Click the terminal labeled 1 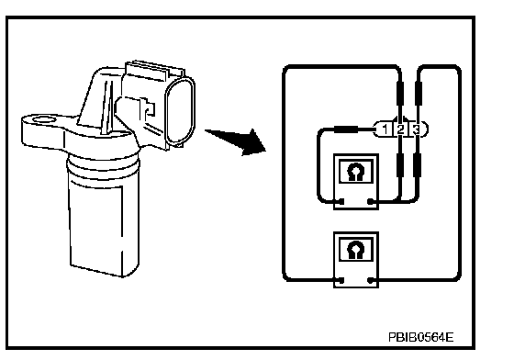coord(385,129)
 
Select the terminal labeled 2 coord(400,129)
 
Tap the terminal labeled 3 coord(416,129)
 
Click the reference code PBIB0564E coord(421,337)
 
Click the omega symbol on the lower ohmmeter coord(356,250)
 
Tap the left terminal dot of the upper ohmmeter coord(341,201)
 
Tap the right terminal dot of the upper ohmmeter coord(371,201)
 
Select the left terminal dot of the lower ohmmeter coord(341,280)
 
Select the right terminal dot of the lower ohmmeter coord(371,280)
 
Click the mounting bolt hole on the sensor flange coord(44,119)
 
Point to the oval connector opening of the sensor coord(181,111)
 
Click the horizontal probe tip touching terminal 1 coord(345,129)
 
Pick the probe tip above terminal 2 coord(400,94)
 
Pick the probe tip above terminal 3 coord(418,94)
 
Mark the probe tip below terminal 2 coord(400,165)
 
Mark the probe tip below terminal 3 coord(417,165)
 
